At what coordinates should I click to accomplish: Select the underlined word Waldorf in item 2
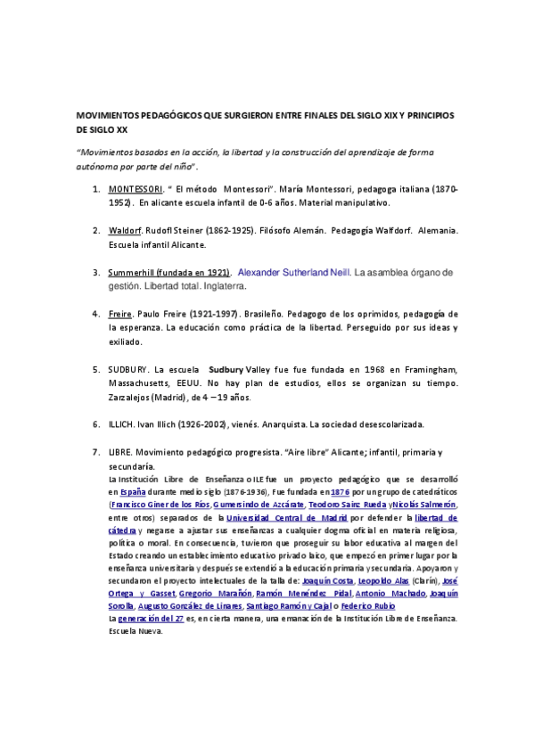tap(125, 230)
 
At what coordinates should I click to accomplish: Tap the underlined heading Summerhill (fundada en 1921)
tap(169, 271)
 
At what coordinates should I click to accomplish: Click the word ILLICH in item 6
tap(121, 423)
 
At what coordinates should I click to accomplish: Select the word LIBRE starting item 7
tap(119, 453)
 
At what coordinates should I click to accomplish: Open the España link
tap(132, 491)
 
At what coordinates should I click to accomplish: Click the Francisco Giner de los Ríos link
tap(160, 505)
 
